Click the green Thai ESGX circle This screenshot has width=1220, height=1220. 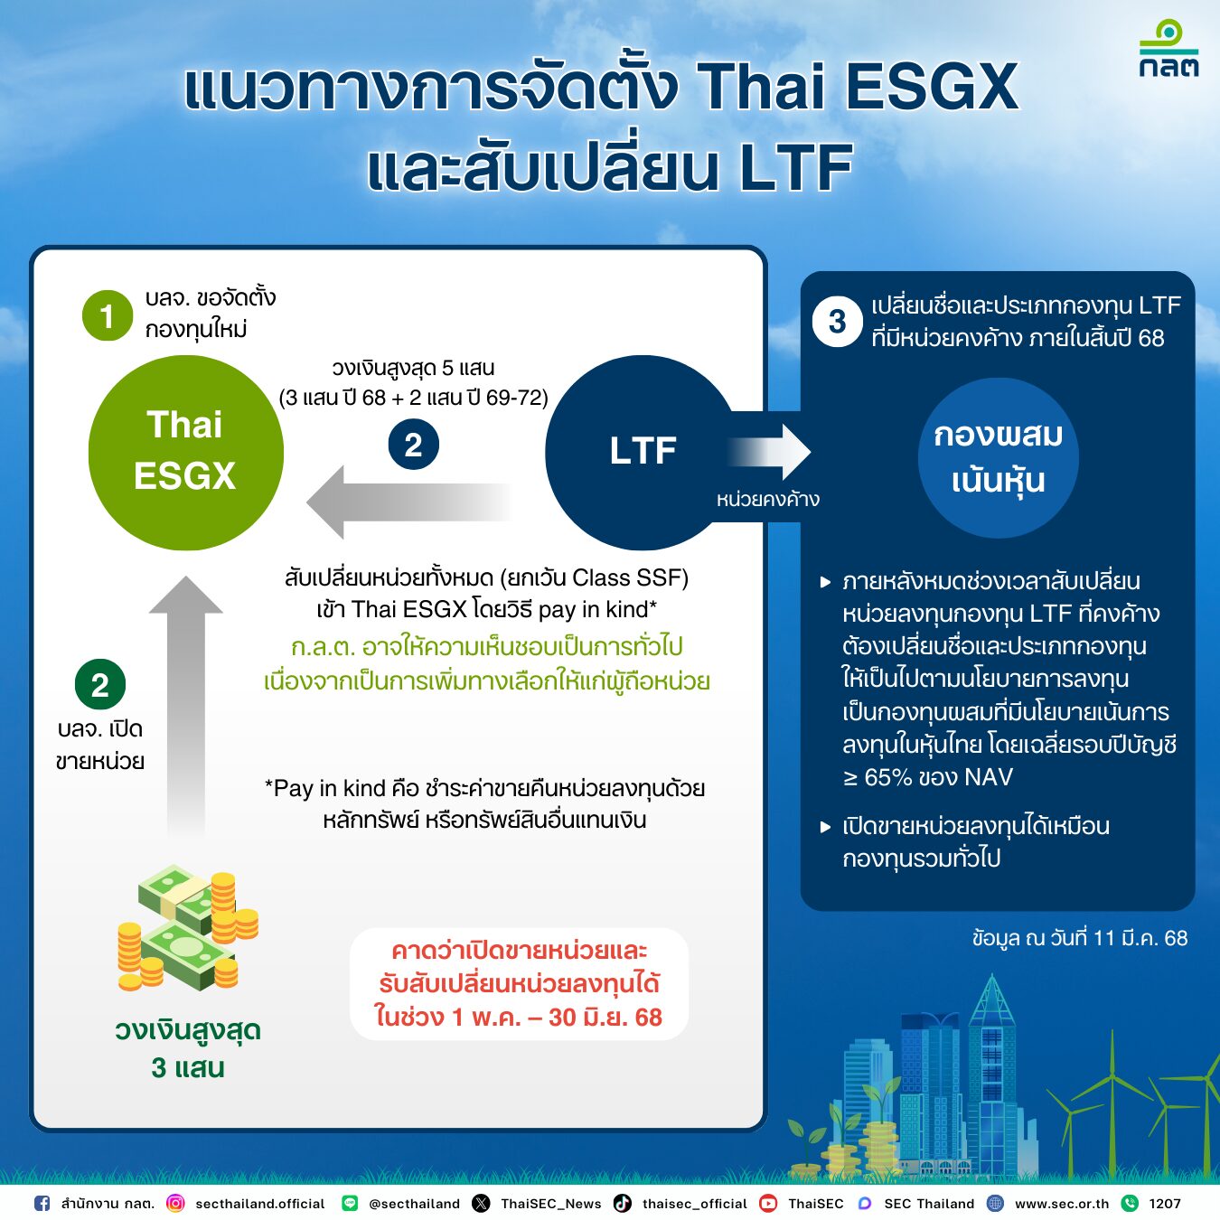[185, 452]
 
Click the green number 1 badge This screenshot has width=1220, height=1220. [108, 315]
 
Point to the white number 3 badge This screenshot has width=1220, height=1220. [837, 321]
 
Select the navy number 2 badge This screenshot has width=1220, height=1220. [413, 445]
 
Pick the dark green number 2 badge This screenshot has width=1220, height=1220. [99, 684]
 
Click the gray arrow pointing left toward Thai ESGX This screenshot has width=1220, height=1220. [407, 502]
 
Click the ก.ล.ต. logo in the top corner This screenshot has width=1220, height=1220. [1168, 50]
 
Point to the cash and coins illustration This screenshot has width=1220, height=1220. [187, 929]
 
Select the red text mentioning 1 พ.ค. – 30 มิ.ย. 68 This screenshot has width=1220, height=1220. [519, 1017]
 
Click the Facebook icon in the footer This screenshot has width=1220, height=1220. [42, 1203]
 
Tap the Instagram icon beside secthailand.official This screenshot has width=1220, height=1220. [175, 1203]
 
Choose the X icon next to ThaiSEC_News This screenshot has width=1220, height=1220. [482, 1203]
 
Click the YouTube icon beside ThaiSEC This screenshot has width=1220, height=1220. [768, 1203]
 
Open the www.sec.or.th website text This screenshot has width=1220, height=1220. [1061, 1203]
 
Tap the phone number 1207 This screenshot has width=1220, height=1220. [1165, 1203]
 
